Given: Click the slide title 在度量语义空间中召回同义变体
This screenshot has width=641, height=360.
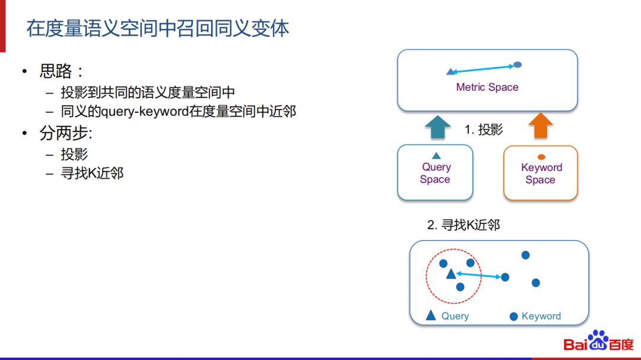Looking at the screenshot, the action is pyautogui.click(x=157, y=29).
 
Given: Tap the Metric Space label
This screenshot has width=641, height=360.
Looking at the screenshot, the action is pyautogui.click(x=487, y=87).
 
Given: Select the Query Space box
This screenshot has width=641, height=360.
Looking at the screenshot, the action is pyautogui.click(x=435, y=172).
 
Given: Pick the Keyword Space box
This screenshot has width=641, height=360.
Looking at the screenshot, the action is pyautogui.click(x=540, y=173).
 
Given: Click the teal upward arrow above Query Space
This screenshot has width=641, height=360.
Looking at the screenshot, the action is pyautogui.click(x=438, y=127).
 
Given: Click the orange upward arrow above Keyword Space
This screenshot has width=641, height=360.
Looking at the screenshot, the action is pyautogui.click(x=540, y=127).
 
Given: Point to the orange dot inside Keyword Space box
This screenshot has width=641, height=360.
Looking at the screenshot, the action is pyautogui.click(x=541, y=157).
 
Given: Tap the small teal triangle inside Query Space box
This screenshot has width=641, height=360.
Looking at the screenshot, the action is pyautogui.click(x=436, y=156).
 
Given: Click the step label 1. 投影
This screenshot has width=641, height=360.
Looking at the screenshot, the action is pyautogui.click(x=483, y=130).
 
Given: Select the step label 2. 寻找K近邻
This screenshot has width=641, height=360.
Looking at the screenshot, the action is pyautogui.click(x=463, y=225).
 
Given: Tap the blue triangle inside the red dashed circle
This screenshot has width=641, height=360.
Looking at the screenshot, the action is pyautogui.click(x=450, y=274).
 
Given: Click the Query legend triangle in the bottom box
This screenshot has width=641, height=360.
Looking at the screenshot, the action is pyautogui.click(x=431, y=315).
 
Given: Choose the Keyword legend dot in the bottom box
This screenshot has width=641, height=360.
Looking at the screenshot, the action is pyautogui.click(x=513, y=317).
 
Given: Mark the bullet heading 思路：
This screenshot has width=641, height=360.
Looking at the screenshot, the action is pyautogui.click(x=61, y=71).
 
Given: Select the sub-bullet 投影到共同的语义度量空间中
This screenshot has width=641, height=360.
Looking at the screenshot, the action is pyautogui.click(x=148, y=92).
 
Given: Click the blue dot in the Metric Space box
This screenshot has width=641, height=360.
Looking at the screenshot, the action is pyautogui.click(x=518, y=64).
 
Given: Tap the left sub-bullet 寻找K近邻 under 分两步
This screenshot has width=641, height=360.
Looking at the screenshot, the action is pyautogui.click(x=92, y=173).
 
